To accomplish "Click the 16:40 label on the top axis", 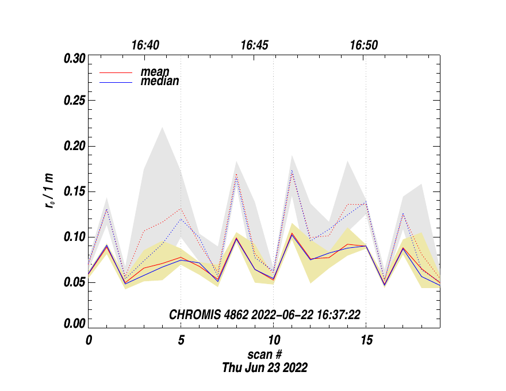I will click(145, 45).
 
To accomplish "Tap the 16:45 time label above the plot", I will click(255, 45).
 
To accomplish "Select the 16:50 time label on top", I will click(364, 45).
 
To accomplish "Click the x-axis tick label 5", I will click(181, 340).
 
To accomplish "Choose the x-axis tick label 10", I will click(273, 340).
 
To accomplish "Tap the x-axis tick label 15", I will click(366, 340).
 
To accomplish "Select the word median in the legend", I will click(160, 82).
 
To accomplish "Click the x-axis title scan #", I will click(264, 354).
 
